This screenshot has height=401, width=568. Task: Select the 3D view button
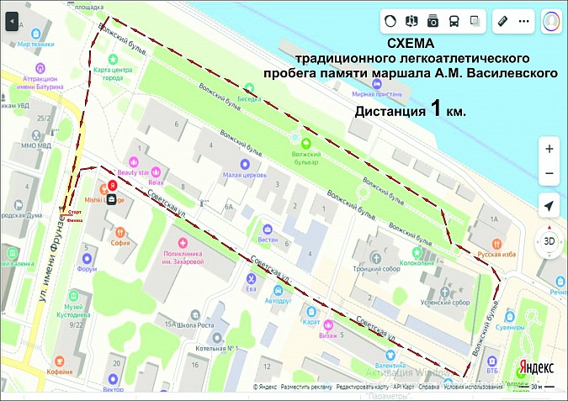coord(549,241)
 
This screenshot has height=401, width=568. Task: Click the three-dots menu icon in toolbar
coord(523,20)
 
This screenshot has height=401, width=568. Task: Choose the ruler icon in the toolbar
coord(502,20)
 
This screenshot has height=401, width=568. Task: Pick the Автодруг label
coord(280,299)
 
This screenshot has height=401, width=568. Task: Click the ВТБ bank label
coord(491,369)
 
